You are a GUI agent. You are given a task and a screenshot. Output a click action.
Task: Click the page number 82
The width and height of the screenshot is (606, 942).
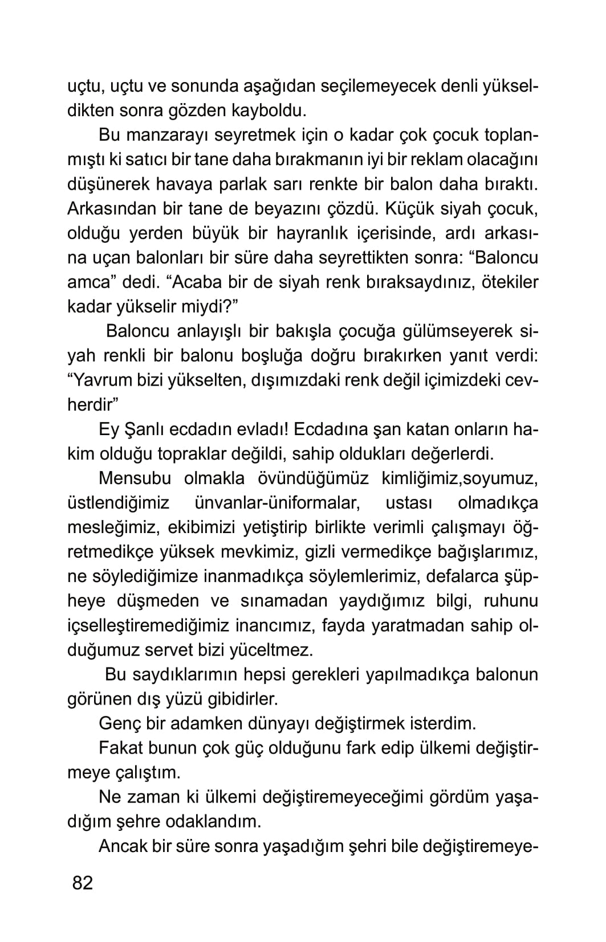(x=82, y=883)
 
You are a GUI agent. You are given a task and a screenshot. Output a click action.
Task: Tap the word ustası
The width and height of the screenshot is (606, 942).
(x=409, y=503)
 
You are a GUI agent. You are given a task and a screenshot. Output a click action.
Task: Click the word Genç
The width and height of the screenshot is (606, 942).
(x=120, y=723)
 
